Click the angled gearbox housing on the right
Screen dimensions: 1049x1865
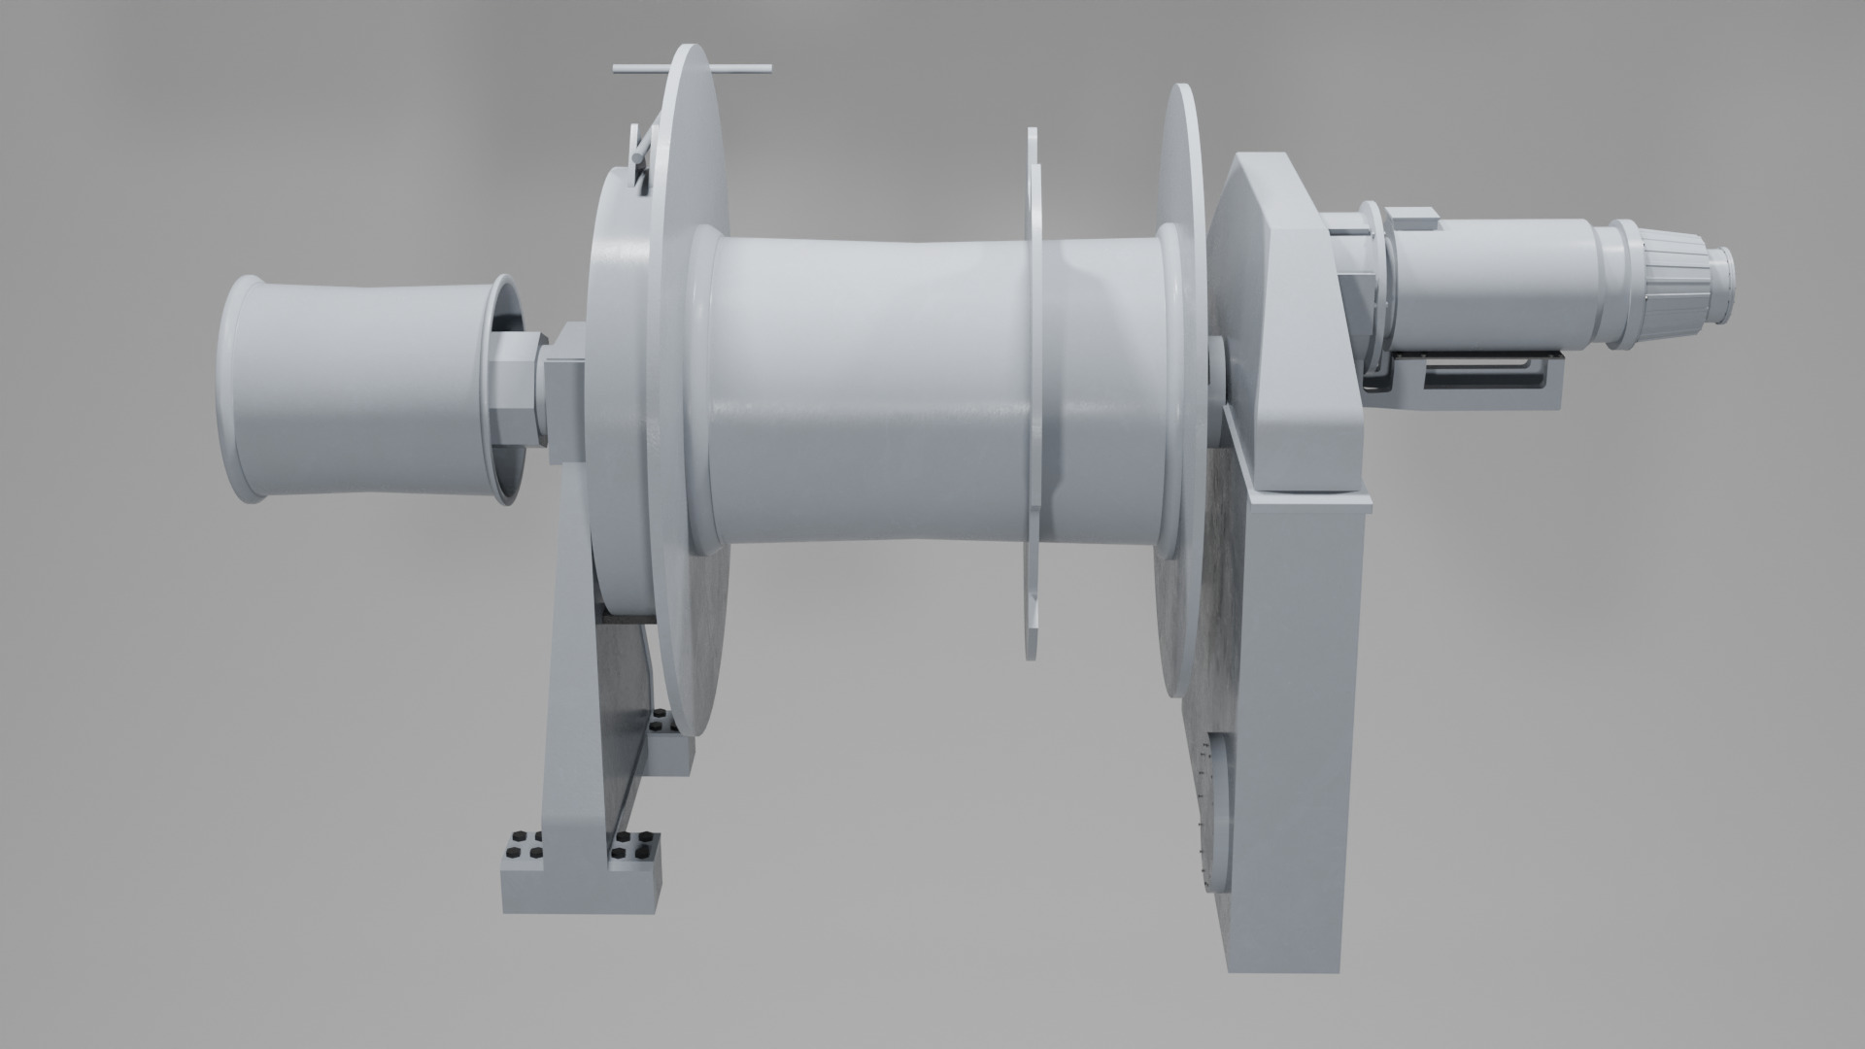1282,321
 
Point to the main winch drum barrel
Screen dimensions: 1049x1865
874,389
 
